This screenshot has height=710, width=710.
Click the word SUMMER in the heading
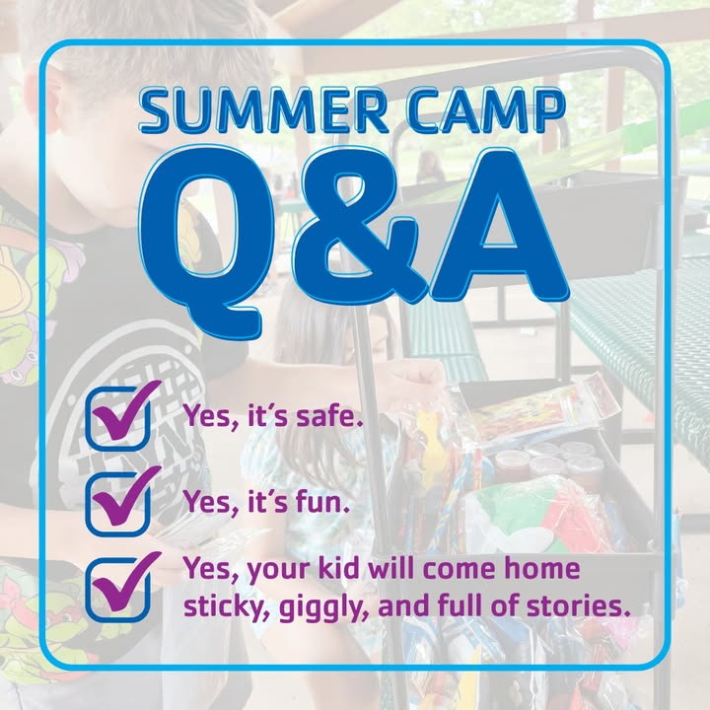pos(262,110)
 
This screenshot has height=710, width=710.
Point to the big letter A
pos(498,227)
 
